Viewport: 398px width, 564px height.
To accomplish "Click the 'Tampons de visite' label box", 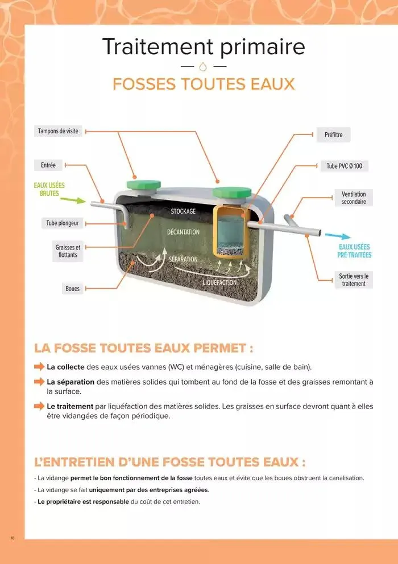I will [58, 132].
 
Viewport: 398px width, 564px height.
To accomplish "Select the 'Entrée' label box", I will [48, 165].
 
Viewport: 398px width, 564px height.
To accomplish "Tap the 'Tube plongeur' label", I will [63, 223].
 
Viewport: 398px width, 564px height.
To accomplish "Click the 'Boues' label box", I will [72, 289].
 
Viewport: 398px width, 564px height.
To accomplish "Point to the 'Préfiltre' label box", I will [333, 135].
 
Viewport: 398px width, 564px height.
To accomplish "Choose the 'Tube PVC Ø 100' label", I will [344, 166].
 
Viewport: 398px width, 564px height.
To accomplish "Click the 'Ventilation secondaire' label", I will [354, 198].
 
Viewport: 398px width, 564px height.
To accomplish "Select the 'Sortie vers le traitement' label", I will [354, 280].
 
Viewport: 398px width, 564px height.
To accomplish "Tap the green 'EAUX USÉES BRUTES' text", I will [49, 189].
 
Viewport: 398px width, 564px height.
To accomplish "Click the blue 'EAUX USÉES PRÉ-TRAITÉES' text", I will [354, 251].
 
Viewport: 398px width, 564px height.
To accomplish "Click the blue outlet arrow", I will [338, 235].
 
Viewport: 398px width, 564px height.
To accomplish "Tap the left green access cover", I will [143, 185].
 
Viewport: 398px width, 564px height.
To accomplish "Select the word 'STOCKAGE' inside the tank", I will [183, 211].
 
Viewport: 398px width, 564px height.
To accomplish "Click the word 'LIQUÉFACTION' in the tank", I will [219, 283].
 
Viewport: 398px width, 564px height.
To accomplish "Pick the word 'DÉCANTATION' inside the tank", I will [183, 232].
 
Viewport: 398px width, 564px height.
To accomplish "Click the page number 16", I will [12, 537].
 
